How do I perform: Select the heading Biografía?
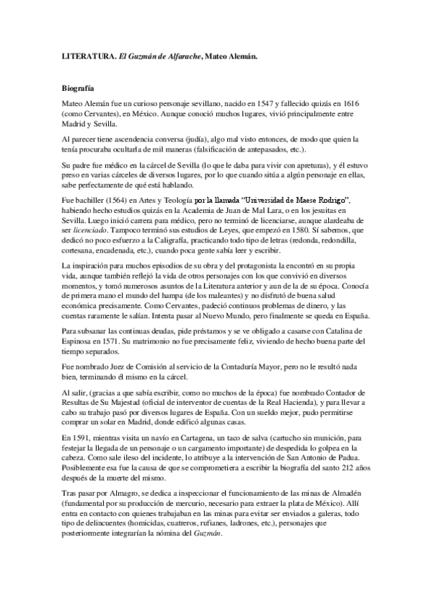tap(79, 88)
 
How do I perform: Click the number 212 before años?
tap(340, 469)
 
